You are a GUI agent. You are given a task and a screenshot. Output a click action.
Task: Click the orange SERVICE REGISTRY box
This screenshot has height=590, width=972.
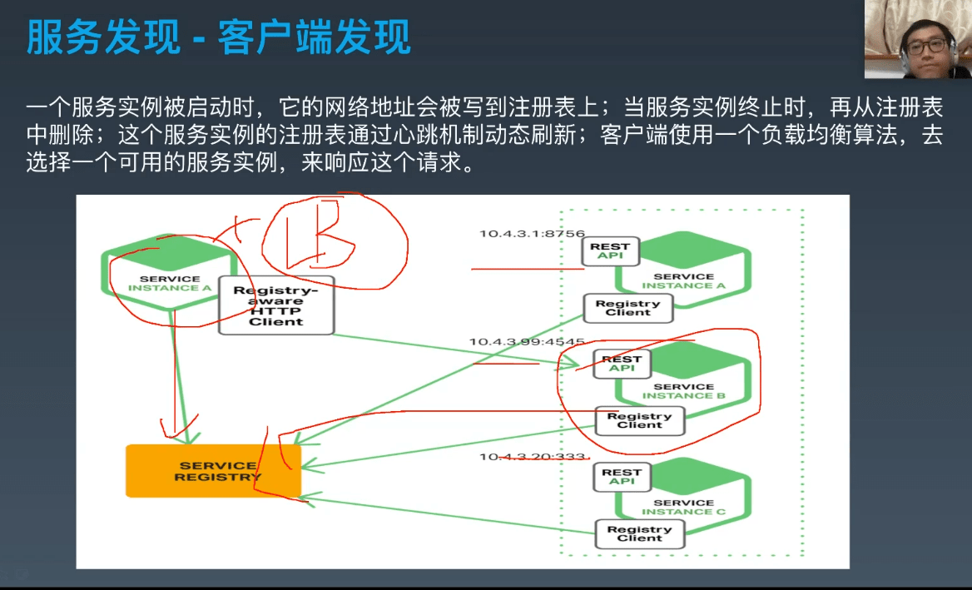(x=212, y=471)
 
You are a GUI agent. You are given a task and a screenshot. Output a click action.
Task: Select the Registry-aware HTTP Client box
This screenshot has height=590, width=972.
(x=276, y=305)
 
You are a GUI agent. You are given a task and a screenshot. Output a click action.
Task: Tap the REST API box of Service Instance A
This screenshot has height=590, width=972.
(x=610, y=250)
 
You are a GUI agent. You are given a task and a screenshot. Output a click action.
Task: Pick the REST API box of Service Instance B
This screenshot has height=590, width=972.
(x=622, y=364)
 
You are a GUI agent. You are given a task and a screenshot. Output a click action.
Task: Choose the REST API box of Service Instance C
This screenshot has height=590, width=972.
(x=622, y=476)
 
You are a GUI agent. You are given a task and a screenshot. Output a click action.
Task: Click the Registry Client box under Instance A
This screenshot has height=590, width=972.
(x=627, y=308)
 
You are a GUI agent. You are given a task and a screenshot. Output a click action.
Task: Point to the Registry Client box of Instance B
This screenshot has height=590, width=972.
(x=639, y=421)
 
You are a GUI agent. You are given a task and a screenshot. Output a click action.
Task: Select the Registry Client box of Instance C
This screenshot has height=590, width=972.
(x=639, y=533)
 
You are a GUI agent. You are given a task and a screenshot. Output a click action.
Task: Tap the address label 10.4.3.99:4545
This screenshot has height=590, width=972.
(x=527, y=342)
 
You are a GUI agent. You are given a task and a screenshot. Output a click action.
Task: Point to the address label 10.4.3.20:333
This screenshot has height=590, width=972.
(x=533, y=457)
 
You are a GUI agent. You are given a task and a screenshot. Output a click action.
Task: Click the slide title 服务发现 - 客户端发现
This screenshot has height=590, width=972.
(x=218, y=38)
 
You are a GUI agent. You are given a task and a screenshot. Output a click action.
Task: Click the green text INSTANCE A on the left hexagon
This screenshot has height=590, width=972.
(x=170, y=288)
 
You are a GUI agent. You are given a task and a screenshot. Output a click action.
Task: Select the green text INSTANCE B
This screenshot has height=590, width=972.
(x=683, y=395)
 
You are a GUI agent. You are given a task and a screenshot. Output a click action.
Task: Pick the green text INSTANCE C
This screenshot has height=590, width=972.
(x=683, y=511)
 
